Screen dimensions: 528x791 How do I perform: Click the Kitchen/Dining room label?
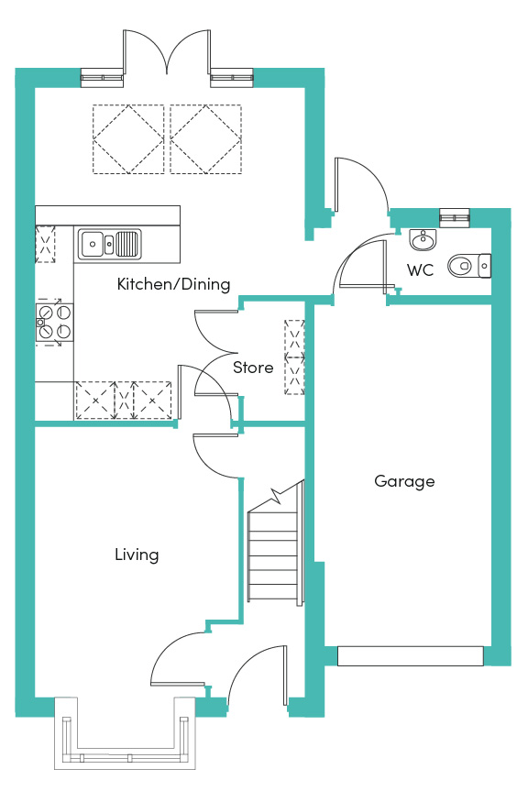tap(173, 284)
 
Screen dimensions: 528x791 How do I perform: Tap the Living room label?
tap(137, 555)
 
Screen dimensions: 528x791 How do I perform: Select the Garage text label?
tap(404, 481)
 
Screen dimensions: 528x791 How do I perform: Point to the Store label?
tap(253, 368)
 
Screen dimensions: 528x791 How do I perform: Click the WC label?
tap(420, 270)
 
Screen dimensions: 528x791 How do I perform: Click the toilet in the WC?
tap(469, 266)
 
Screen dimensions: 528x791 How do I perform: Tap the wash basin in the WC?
tap(423, 239)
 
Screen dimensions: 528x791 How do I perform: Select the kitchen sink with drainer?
tap(109, 244)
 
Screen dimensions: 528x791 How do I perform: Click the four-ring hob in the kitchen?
tap(54, 323)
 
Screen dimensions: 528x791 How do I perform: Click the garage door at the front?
tap(411, 656)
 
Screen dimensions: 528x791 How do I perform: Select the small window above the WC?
tap(455, 217)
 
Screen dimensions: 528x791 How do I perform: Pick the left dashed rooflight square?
tap(128, 139)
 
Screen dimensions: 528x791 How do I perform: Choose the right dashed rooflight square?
tap(205, 139)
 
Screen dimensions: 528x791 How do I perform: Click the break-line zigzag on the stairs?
tap(276, 497)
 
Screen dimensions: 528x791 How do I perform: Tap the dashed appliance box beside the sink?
tap(45, 245)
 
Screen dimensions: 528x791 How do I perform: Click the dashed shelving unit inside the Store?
tap(294, 357)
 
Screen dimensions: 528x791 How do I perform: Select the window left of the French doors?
tap(103, 77)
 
